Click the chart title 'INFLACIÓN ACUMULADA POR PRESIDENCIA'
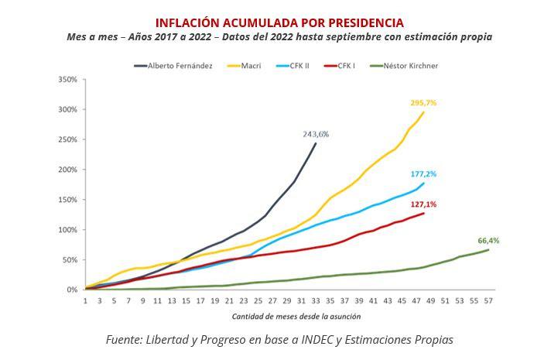279,22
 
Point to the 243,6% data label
316,134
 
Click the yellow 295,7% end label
424,103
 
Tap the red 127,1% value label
423,204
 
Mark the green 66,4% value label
488,241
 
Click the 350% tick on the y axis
67,80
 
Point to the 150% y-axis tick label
67,200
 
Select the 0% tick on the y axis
72,290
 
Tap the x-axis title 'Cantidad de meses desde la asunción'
286,316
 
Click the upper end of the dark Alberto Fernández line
316,143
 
